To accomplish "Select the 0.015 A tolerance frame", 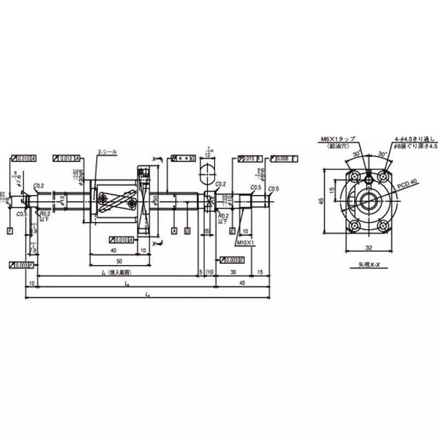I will pyautogui.click(x=250, y=158).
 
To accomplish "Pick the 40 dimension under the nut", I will pyautogui.click(x=113, y=250).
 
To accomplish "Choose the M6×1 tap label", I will pyautogui.click(x=339, y=140).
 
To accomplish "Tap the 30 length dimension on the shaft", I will pyautogui.click(x=233, y=272).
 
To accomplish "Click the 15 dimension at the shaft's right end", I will pyautogui.click(x=260, y=272).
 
